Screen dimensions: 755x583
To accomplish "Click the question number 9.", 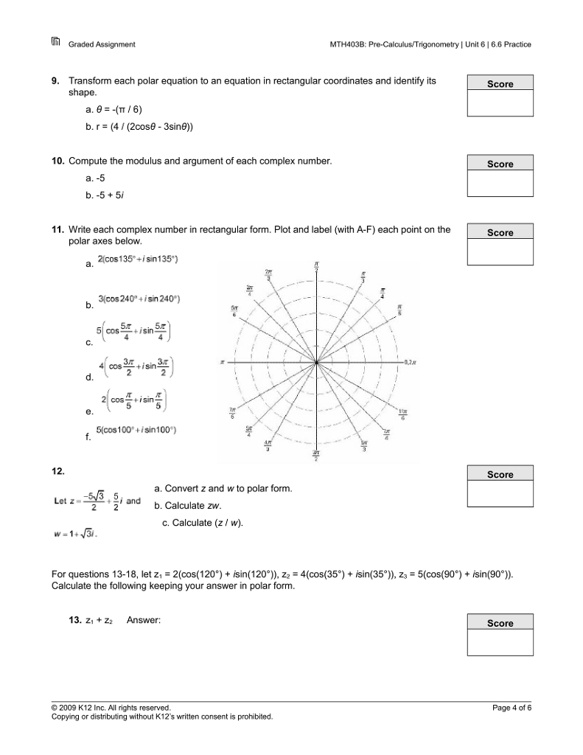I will pos(56,80).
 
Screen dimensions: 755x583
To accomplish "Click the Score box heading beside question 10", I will pos(500,164).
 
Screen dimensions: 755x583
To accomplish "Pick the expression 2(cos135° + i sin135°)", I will pos(138,259).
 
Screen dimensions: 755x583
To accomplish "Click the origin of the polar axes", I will pos(316,362).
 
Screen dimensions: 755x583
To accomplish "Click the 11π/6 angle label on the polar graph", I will pos(403,414).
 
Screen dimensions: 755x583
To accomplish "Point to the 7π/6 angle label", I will pos(232,414).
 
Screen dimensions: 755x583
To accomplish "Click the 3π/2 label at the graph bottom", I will pos(316,455).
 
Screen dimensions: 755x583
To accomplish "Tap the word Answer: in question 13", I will pos(144,620).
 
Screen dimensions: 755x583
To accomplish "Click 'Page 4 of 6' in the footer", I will pos(512,708).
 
